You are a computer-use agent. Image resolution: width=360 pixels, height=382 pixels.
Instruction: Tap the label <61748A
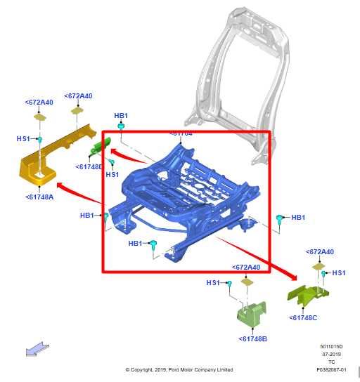[x=39, y=197]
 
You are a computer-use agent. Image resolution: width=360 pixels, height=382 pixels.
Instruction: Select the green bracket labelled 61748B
[x=251, y=313]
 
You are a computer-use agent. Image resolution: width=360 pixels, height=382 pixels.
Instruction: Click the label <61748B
[x=253, y=339]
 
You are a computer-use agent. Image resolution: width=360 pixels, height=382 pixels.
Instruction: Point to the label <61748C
[x=303, y=317]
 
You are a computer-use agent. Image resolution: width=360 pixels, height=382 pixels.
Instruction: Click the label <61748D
[x=89, y=166]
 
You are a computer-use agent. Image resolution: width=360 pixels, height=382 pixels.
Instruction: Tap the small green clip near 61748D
[x=98, y=147]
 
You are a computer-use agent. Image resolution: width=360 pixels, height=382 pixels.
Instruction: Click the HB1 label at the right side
[x=298, y=218]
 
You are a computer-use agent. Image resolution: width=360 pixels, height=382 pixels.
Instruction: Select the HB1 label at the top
[x=121, y=115]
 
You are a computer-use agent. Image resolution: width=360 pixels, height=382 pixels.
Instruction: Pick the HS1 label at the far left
[x=23, y=139]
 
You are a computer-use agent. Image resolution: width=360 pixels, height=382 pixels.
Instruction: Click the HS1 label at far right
[x=339, y=272]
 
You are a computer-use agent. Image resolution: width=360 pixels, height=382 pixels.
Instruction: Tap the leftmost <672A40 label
[x=39, y=103]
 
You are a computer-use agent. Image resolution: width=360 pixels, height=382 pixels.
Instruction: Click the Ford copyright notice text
[x=179, y=369]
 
